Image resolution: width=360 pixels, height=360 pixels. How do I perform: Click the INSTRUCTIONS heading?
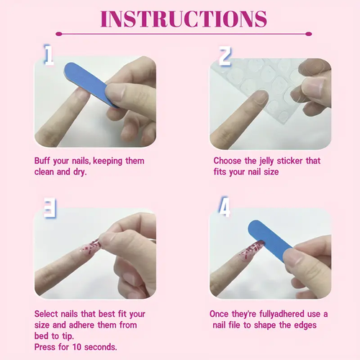184,19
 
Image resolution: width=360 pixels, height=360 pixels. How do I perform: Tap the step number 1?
49,55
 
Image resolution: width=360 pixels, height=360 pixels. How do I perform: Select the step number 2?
225,56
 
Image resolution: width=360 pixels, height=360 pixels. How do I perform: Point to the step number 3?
50,208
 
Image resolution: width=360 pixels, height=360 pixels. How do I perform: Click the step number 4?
225,207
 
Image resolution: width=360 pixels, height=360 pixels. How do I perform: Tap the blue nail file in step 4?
271,240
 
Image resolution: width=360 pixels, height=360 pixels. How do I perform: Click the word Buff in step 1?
42,161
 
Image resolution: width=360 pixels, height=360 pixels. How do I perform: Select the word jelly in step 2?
266,161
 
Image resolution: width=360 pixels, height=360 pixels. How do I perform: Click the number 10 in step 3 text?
77,347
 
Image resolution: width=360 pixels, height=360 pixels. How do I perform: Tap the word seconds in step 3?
101,347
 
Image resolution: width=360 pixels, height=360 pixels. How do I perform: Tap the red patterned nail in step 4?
251,251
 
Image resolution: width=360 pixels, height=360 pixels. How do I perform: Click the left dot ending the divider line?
59,34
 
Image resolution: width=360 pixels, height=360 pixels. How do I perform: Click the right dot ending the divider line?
309,34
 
